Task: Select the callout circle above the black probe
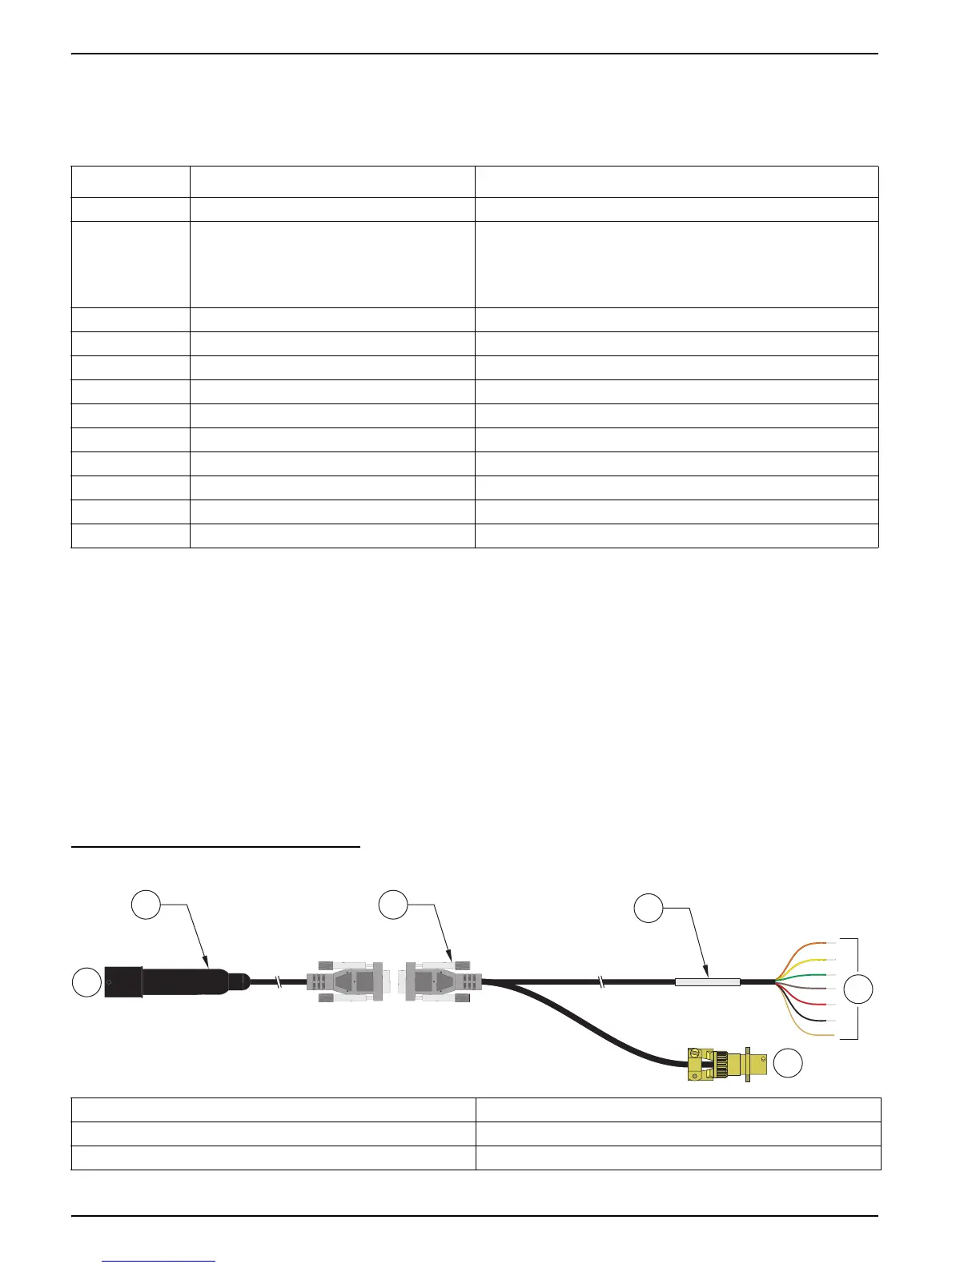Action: (146, 905)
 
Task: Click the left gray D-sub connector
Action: (344, 981)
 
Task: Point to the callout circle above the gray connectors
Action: (393, 905)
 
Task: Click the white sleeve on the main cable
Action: (707, 981)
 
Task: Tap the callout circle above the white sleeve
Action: (649, 909)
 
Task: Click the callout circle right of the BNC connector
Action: (787, 1062)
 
